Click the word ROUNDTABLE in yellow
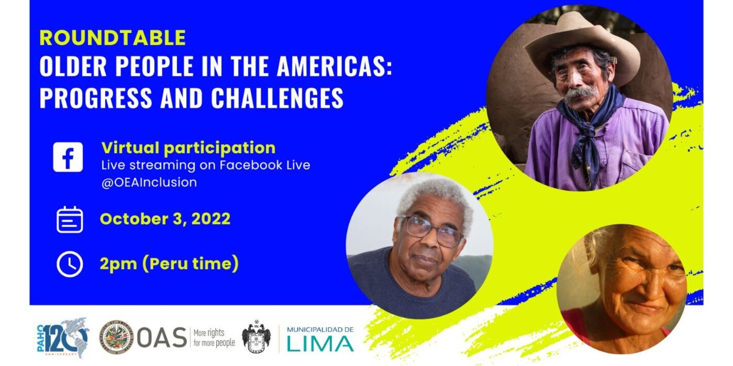(113, 38)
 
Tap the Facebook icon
(68, 157)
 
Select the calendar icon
(70, 220)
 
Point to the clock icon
(70, 264)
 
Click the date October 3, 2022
(165, 219)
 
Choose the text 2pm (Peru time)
(169, 264)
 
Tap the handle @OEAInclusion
(149, 182)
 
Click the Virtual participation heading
(188, 148)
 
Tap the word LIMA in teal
(320, 344)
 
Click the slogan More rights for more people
(214, 338)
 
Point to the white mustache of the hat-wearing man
(581, 93)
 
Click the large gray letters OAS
(162, 338)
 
